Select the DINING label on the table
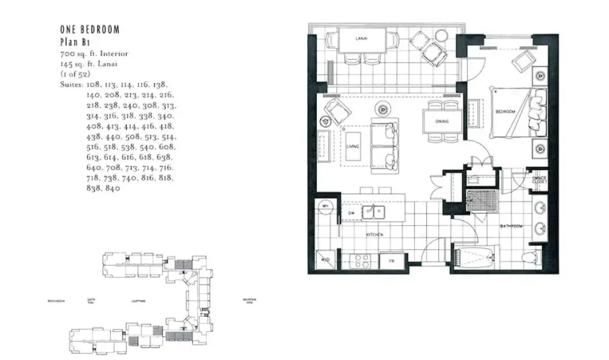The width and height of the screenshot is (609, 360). coord(442,122)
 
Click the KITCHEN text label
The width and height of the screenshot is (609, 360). coord(373,235)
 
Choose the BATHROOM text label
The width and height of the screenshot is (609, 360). coord(512,227)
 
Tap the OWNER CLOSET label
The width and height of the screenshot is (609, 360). coord(540,181)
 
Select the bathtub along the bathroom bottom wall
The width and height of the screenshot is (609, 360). coord(476,256)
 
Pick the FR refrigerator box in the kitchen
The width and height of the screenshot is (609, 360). coord(392,260)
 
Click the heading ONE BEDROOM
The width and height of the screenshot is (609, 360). coord(89,30)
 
